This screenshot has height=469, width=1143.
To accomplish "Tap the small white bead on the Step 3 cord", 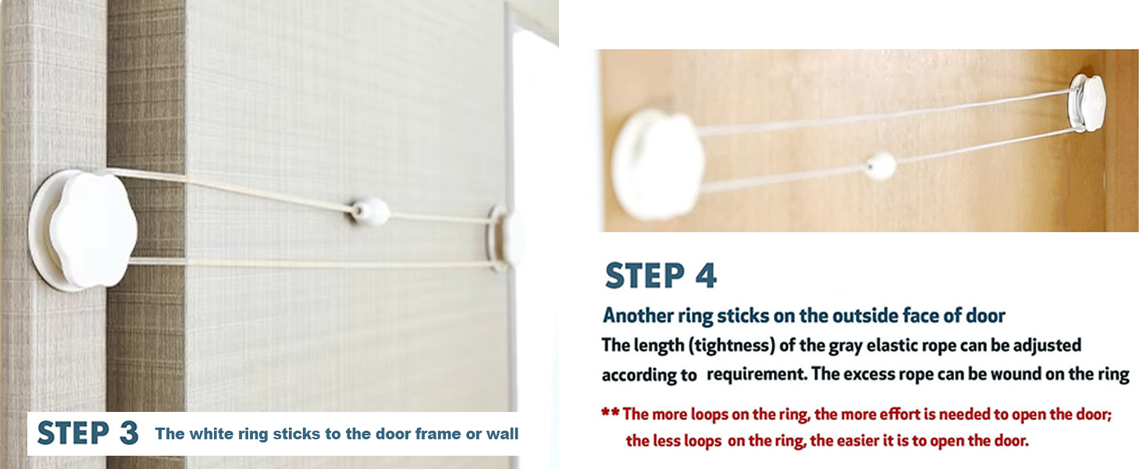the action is [369, 210].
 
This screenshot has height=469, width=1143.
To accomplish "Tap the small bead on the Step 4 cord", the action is [880, 165].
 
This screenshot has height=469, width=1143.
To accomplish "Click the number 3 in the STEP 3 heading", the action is [129, 433].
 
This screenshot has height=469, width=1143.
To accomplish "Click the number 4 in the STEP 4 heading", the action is [706, 276].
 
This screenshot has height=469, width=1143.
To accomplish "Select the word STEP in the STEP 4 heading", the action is [645, 276].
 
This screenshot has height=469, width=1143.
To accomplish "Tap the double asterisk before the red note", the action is [611, 412].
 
